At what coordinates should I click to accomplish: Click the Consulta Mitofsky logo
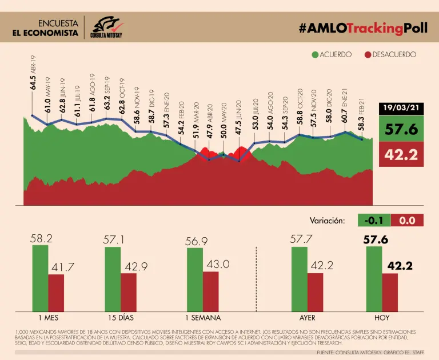pyautogui.click(x=107, y=27)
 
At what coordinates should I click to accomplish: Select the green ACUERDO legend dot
pyautogui.click(x=315, y=55)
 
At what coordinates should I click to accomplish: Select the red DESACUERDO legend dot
pyautogui.click(x=368, y=55)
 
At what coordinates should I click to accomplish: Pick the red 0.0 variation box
pyautogui.click(x=407, y=220)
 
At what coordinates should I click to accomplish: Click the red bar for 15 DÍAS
pyautogui.click(x=129, y=291)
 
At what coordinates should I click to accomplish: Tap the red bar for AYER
pyautogui.click(x=315, y=291)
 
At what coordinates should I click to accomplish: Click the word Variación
pyautogui.click(x=328, y=220)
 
